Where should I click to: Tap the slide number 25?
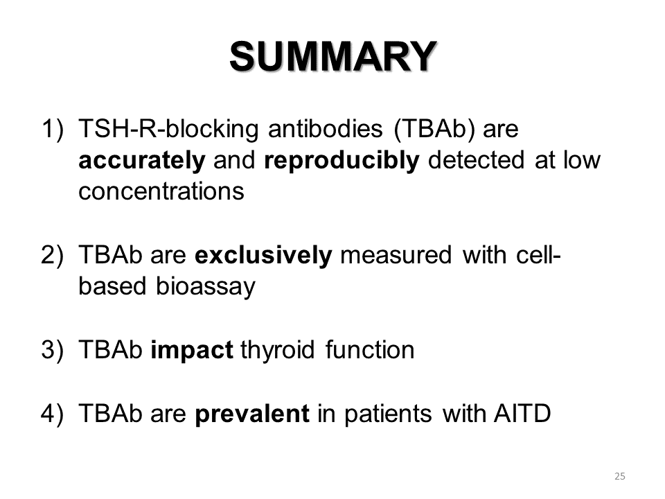pos(619,476)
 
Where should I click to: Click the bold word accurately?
pos(142,160)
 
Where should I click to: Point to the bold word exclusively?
pos(263,255)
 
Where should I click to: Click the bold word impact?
pos(192,351)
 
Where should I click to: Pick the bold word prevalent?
pos(252,414)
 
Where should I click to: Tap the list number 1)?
pos(53,129)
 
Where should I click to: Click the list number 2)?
pos(53,255)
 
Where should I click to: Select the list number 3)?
pos(53,350)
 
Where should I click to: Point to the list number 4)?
pos(53,413)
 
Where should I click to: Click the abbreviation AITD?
pos(522,413)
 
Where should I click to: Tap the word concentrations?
pos(161,191)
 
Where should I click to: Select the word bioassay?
pos(206,287)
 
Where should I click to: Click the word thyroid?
pos(277,351)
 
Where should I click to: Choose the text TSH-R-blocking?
pos(168,129)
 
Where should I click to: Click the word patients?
pos(388,414)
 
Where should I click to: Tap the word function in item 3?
pos(370,350)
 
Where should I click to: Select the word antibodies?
pos(326,129)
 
